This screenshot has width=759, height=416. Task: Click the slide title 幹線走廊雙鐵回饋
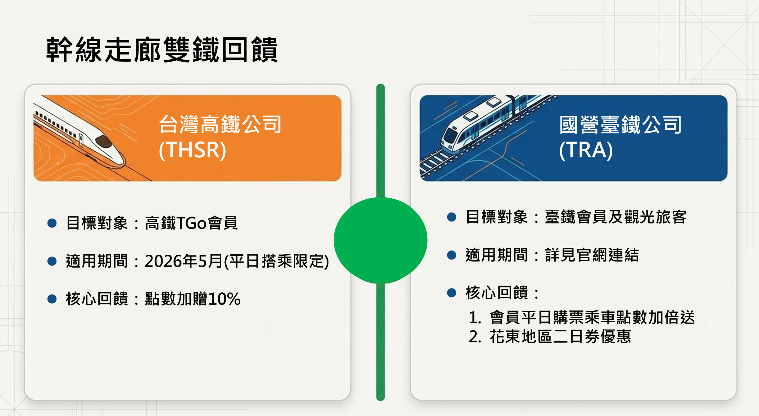point(162,50)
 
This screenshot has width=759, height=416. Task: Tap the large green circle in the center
point(381,240)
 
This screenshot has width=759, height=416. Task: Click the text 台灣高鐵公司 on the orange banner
point(220,124)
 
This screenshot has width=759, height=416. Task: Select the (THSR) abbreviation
point(192,150)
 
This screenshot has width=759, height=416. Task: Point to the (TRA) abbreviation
point(586,150)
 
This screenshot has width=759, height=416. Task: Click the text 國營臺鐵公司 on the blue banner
point(621,124)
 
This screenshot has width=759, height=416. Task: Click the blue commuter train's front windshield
point(450,136)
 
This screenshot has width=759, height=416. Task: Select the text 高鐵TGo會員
point(191,223)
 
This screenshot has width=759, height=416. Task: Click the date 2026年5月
point(184,261)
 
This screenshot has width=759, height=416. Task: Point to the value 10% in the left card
point(224,299)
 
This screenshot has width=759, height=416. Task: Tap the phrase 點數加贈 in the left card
point(176,299)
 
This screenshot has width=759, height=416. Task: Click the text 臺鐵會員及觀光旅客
point(615,217)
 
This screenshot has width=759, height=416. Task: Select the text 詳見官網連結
point(592,255)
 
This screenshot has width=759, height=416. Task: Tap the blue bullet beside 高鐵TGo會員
point(52,223)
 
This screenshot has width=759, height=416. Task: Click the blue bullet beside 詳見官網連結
point(451,255)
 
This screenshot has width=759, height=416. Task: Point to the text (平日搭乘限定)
point(276,261)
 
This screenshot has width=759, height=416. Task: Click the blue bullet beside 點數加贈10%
point(52,299)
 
